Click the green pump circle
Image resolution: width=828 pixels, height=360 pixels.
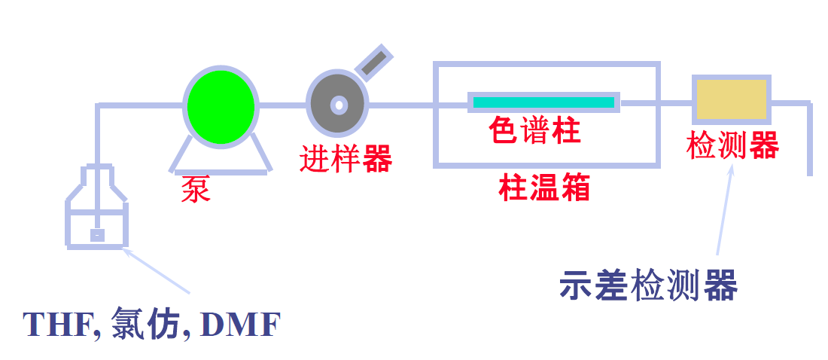(x=221, y=106)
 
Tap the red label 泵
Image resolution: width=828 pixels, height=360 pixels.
(x=196, y=189)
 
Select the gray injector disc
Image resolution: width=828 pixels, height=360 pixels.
(x=338, y=104)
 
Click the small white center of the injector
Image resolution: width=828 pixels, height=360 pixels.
(x=339, y=105)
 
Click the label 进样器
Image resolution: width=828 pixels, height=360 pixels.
(x=346, y=158)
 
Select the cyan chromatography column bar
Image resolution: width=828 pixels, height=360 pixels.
(x=543, y=102)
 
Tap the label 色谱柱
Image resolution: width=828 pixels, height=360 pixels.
(x=535, y=130)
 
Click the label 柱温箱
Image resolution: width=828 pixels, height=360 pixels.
(x=544, y=187)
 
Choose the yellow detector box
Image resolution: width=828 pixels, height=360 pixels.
(x=732, y=99)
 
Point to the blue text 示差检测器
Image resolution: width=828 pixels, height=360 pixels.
(x=648, y=285)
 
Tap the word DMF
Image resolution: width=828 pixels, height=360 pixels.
(x=241, y=325)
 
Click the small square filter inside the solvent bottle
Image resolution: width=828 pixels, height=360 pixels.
(x=97, y=235)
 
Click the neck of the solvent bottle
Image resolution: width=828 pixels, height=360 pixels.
(x=97, y=175)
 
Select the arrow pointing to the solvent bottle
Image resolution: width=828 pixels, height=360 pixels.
(x=157, y=270)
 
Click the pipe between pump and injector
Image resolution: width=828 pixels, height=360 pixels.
(x=283, y=105)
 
